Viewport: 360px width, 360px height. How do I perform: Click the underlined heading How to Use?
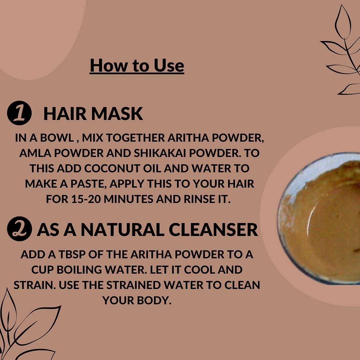coord(137,65)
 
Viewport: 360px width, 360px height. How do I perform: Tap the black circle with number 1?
coord(19,114)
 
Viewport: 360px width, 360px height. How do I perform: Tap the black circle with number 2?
coord(19,229)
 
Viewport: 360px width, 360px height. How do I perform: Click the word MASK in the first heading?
coord(117,114)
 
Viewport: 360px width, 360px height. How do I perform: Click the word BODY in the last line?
coord(155,300)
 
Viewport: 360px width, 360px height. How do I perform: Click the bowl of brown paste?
coord(320,218)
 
